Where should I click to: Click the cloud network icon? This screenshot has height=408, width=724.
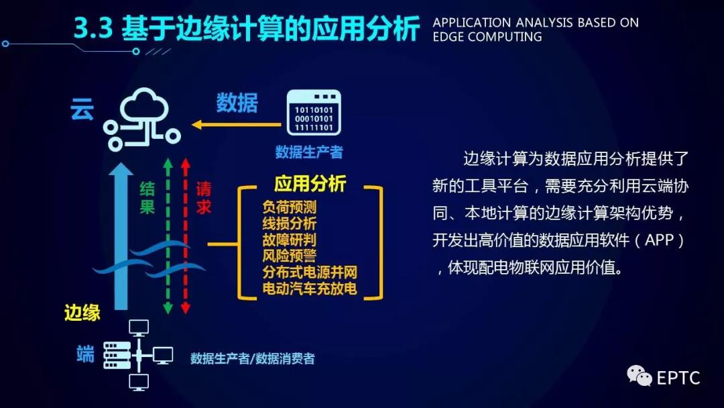click(142, 119)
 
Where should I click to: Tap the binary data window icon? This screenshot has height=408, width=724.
click(314, 113)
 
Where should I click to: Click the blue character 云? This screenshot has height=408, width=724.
click(82, 109)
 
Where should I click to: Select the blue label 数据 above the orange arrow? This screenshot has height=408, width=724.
click(237, 103)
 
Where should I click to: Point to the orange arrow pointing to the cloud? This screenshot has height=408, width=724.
click(237, 124)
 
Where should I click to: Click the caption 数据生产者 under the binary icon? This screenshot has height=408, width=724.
click(309, 152)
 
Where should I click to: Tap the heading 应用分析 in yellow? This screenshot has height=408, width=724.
click(310, 183)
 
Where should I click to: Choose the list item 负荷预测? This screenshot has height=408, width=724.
click(290, 207)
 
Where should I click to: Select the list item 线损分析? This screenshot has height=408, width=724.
click(290, 223)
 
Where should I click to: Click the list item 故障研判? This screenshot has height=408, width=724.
click(290, 240)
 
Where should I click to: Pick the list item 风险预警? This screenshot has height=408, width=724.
click(290, 256)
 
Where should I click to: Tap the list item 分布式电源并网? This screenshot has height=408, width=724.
click(310, 272)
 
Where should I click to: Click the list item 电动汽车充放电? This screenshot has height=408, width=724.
click(310, 289)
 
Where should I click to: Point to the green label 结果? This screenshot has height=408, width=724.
click(147, 198)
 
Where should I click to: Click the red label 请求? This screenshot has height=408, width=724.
click(204, 198)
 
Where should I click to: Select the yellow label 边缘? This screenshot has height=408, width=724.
click(82, 313)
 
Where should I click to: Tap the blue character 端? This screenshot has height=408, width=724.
click(85, 354)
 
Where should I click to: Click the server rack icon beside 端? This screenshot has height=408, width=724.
click(117, 355)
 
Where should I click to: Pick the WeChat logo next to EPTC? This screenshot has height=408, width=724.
click(639, 375)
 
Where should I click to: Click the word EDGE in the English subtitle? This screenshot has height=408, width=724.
click(448, 37)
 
